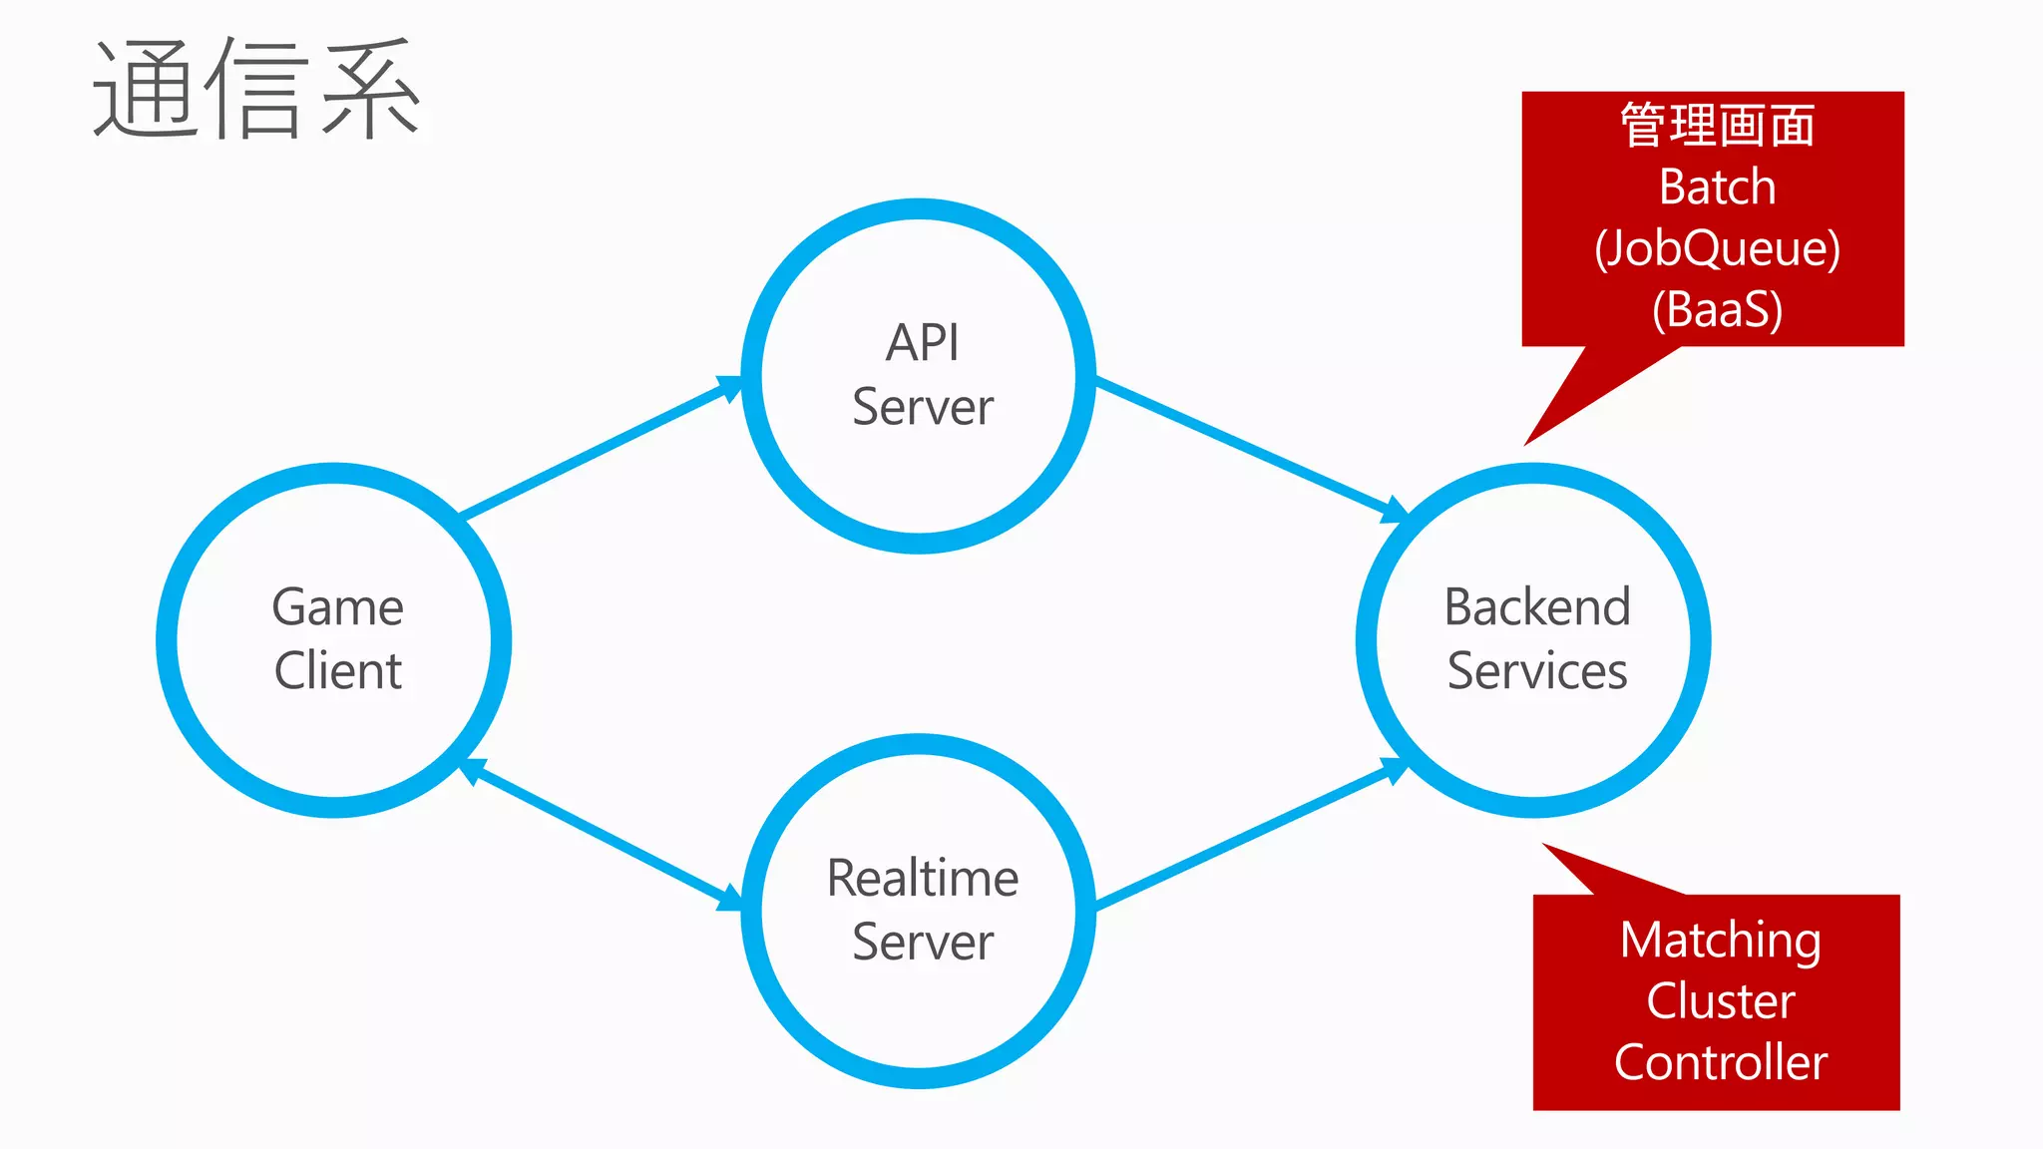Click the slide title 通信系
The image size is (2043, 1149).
tap(257, 90)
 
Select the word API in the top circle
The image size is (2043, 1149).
tap(922, 343)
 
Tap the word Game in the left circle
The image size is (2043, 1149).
tap(337, 607)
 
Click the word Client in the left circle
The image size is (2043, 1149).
tap(337, 670)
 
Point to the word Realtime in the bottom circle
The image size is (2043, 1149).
tap(923, 879)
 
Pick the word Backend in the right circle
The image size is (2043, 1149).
tap(1537, 607)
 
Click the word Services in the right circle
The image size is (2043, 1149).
tap(1537, 670)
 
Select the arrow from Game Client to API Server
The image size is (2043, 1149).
tap(599, 449)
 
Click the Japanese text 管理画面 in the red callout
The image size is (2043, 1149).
tap(1717, 126)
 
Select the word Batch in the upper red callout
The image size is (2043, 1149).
tap(1717, 188)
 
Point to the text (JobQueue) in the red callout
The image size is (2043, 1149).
tap(1717, 248)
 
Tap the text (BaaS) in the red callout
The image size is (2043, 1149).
tap(1717, 309)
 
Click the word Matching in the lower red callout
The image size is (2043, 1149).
tap(1720, 940)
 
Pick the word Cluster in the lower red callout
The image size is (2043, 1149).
tap(1720, 1001)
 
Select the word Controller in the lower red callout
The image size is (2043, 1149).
tap(1720, 1063)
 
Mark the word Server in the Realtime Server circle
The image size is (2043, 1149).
tap(923, 943)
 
